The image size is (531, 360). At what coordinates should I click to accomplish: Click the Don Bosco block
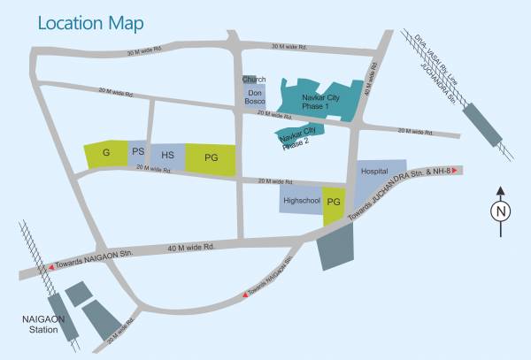coord(255,97)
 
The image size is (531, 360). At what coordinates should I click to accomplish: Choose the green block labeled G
coord(106,154)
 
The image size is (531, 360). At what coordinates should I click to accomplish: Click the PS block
coord(138,153)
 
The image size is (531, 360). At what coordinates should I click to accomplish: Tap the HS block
coord(167,156)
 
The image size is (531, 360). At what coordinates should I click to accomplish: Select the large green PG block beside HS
coord(211,158)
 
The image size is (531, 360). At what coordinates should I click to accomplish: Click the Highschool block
coord(300,202)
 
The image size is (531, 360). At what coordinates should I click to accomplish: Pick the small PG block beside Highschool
coord(334,203)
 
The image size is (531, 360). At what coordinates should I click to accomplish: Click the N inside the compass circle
coord(500,211)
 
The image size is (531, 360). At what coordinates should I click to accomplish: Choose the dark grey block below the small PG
coord(337,242)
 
